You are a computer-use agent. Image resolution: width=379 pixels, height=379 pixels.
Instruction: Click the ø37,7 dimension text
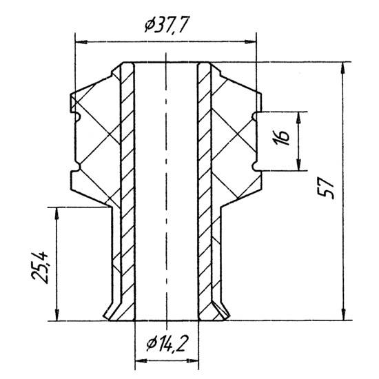pyautogui.click(x=166, y=24)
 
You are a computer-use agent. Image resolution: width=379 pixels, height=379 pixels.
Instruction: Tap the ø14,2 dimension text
pyautogui.click(x=167, y=343)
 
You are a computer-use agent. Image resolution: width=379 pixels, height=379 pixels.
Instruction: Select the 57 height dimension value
pyautogui.click(x=326, y=188)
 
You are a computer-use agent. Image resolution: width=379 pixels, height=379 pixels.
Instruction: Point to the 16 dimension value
pyautogui.click(x=282, y=138)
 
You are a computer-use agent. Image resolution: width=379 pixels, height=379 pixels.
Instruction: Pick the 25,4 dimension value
pyautogui.click(x=40, y=267)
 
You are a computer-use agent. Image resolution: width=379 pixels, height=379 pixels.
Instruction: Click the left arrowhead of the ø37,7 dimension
pyautogui.click(x=81, y=42)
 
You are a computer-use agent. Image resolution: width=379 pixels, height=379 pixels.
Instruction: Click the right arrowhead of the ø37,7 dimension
pyautogui.click(x=250, y=42)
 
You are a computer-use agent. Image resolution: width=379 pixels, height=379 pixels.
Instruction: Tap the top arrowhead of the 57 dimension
pyautogui.click(x=343, y=68)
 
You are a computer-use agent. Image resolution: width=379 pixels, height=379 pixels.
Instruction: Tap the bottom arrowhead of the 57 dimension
pyautogui.click(x=343, y=314)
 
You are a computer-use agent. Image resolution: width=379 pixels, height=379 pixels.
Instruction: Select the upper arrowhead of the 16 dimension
pyautogui.click(x=299, y=118)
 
